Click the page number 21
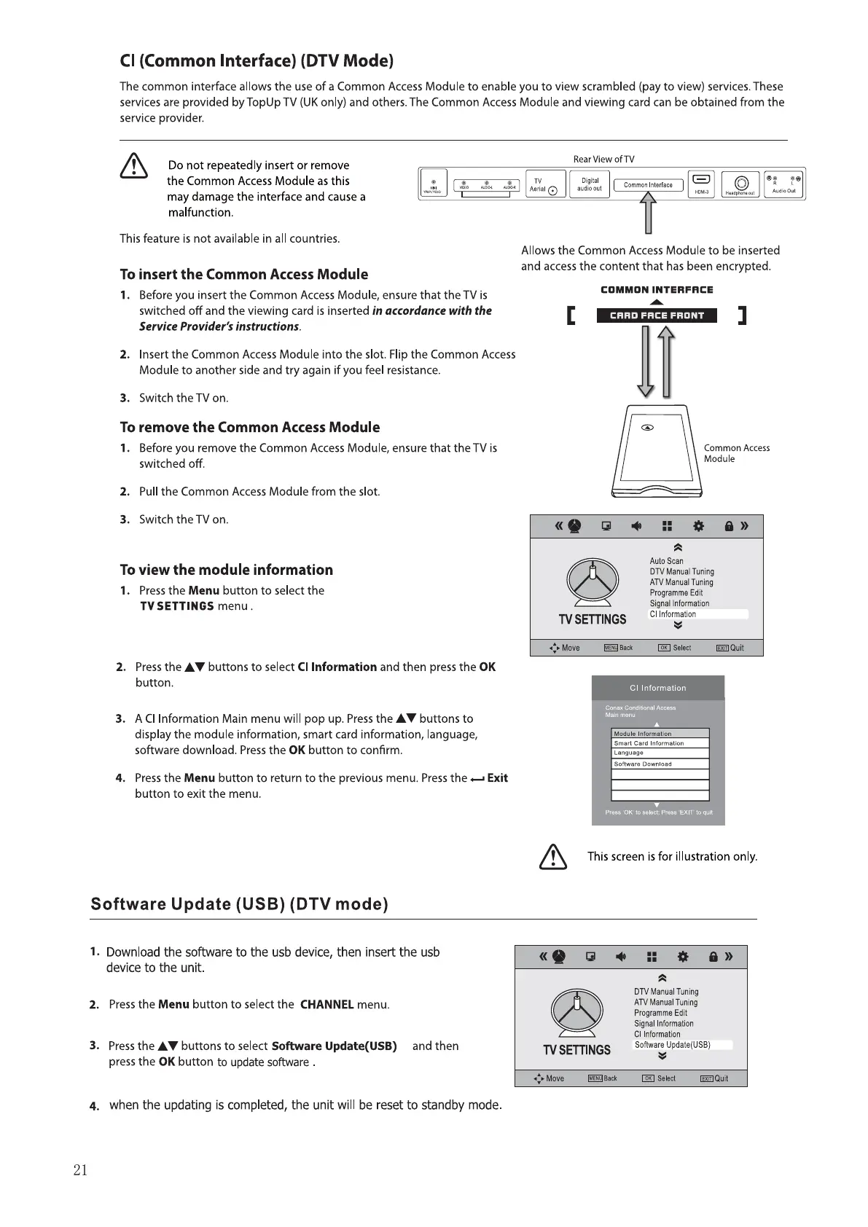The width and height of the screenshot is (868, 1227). point(80,1170)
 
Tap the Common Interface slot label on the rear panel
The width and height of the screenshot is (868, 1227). point(648,185)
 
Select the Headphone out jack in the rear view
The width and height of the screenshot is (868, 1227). point(741,184)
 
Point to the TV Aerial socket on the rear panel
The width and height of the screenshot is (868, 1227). point(545,185)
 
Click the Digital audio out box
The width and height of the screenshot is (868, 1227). point(590,184)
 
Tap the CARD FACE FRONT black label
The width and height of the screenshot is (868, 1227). point(657,315)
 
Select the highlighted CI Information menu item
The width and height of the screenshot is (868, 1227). point(698,614)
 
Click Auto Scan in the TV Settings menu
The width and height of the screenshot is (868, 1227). point(666,561)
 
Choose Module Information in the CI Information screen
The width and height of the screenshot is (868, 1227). point(660,734)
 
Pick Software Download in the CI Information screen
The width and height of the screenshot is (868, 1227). point(660,764)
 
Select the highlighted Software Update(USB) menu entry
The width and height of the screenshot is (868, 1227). point(682,1045)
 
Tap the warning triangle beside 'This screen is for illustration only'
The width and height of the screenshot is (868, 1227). point(553,857)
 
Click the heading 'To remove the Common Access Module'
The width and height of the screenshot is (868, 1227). point(250,427)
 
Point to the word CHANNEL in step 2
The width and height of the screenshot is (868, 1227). point(327,1005)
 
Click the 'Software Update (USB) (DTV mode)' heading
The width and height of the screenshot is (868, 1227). point(239,904)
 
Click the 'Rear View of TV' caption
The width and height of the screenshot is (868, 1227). point(603,159)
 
